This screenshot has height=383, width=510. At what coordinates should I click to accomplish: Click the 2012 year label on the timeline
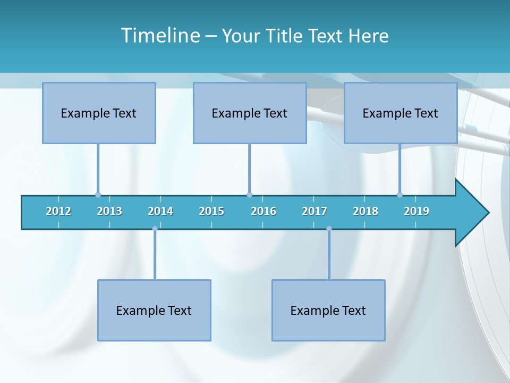point(58,211)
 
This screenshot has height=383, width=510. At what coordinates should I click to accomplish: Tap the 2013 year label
point(109,211)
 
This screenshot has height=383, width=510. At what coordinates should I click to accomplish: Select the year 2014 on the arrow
point(160,211)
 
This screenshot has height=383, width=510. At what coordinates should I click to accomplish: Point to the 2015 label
point(211,211)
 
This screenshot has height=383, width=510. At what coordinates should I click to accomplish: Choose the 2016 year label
point(263,211)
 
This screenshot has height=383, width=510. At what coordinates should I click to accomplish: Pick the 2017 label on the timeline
point(314,211)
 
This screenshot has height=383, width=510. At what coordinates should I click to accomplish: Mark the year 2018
point(365,211)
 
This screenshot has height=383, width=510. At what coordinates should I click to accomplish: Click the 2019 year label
point(416,211)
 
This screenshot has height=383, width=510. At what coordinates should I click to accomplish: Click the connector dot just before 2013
point(98,195)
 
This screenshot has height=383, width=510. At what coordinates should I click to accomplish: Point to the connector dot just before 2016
point(249,195)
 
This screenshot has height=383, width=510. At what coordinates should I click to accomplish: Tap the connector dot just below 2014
point(155,229)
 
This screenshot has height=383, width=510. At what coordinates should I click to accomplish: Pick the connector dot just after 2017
point(329,229)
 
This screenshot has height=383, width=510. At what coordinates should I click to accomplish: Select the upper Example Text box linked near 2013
point(99,113)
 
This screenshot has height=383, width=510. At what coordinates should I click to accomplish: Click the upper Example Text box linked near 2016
point(250,113)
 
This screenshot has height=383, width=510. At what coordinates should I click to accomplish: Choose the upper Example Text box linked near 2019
point(401,113)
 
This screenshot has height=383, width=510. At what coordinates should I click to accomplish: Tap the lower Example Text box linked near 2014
point(154,310)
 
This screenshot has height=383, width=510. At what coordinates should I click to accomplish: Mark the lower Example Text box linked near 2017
point(328,310)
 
